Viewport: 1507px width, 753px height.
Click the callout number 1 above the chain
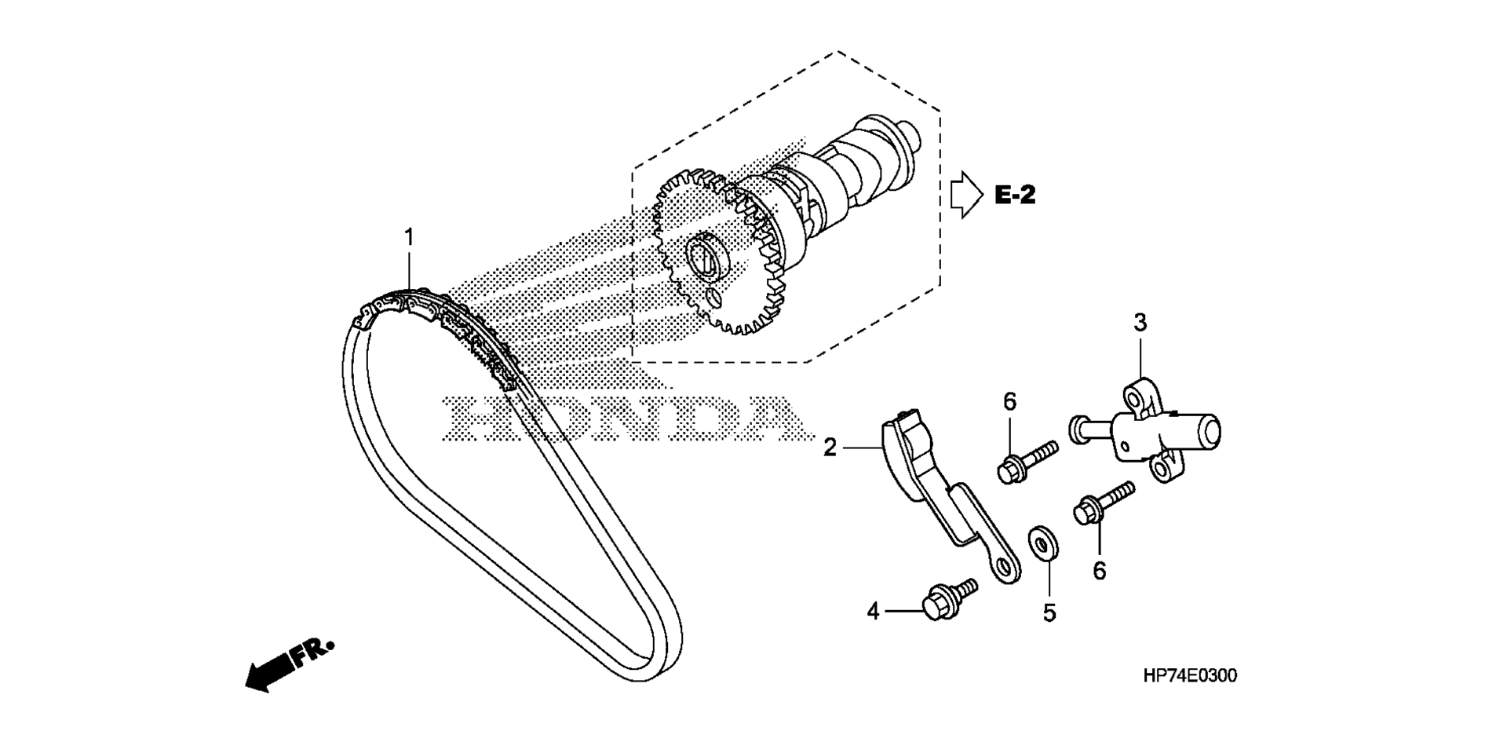coord(409,236)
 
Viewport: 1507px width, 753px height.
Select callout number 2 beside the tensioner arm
coord(830,448)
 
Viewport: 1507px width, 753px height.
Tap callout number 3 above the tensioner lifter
coord(1140,322)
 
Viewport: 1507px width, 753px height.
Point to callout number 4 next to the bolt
coord(874,611)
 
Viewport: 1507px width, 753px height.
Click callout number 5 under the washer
coord(1049,612)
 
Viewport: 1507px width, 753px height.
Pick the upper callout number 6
coord(1009,402)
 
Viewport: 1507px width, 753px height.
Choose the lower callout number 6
coord(1099,571)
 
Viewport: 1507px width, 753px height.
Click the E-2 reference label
coord(1015,195)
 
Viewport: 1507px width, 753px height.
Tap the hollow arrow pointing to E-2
coord(966,196)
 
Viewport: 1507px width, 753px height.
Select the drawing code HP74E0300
coord(1190,675)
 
